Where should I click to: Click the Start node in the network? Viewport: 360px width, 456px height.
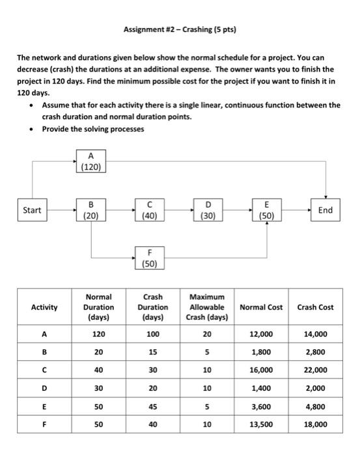32,210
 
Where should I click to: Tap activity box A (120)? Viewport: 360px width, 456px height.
90,160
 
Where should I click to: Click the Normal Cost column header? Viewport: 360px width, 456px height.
261,307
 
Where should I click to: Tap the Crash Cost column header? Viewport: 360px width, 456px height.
316,307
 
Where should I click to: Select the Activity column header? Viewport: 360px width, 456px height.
44,307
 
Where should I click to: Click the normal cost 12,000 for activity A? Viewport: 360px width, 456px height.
261,335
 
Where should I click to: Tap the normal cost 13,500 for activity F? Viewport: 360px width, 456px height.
261,425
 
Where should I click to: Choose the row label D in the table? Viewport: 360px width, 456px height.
44,390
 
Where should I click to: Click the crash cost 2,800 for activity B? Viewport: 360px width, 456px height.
316,353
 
